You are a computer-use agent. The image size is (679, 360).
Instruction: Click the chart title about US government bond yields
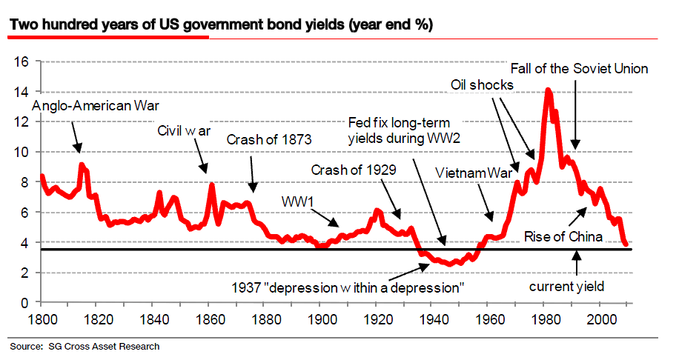(221, 25)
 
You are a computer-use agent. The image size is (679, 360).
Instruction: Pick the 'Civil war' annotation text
(184, 131)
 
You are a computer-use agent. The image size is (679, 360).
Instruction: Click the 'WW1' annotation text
(297, 201)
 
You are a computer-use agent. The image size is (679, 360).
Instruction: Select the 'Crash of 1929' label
(354, 170)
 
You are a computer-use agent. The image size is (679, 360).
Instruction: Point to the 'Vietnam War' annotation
(474, 173)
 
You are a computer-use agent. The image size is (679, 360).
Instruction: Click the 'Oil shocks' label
(482, 85)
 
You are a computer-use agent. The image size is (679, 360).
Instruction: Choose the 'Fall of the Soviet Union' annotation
(580, 69)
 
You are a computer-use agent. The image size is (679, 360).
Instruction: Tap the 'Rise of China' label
(561, 236)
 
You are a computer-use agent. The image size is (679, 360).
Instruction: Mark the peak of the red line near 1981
(549, 90)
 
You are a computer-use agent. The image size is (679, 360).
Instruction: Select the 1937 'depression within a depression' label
(348, 287)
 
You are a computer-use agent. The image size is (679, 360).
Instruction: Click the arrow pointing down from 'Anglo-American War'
(77, 137)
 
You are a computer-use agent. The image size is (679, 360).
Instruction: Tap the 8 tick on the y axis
(24, 182)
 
